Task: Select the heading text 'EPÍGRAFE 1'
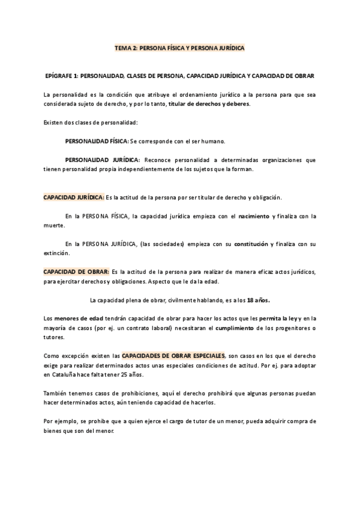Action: pyautogui.click(x=62, y=76)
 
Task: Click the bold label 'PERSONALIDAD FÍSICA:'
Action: pyautogui.click(x=96, y=141)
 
